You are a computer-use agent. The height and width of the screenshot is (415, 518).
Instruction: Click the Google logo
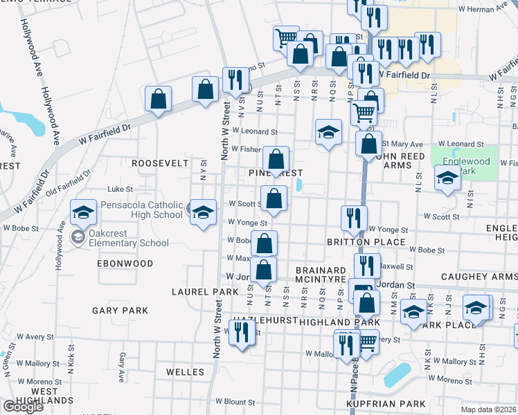click(23, 407)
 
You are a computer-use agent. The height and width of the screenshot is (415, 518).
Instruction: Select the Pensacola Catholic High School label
click(141, 210)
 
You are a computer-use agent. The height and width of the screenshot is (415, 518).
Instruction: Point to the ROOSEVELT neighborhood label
click(160, 163)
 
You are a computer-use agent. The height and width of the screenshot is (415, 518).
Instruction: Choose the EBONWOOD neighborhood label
click(125, 264)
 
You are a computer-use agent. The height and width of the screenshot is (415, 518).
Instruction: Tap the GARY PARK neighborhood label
click(120, 311)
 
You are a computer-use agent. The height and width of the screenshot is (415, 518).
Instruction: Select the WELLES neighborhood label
click(185, 372)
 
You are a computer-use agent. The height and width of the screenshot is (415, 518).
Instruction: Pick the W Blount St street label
click(231, 401)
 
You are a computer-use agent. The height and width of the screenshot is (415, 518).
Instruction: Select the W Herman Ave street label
click(485, 9)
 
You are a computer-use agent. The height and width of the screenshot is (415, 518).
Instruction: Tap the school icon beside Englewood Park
click(447, 178)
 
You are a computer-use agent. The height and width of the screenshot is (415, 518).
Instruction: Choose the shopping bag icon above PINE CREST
click(276, 160)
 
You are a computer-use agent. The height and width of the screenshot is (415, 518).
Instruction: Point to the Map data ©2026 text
click(490, 409)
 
